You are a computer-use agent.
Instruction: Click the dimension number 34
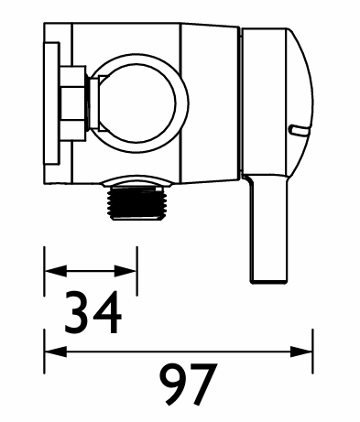93,312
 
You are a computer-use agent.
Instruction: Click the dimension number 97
189,384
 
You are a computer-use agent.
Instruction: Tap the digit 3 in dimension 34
77,312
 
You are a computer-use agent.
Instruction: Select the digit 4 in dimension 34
107,312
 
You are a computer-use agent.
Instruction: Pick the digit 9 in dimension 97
173,384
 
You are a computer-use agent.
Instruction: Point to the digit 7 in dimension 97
204,384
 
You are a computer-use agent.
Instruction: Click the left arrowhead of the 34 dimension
56,271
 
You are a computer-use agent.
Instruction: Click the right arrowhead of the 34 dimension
125,271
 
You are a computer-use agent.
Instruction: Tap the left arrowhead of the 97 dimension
56,352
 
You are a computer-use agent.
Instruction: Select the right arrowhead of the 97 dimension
301,352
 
